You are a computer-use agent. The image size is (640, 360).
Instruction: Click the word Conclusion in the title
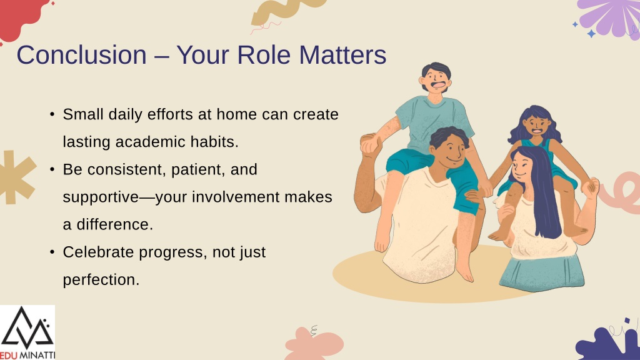[82, 55]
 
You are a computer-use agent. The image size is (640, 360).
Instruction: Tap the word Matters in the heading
[342, 55]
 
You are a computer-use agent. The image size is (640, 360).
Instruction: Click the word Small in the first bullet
[83, 114]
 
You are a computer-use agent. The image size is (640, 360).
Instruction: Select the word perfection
[101, 280]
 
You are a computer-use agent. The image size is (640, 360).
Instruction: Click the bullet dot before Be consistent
[52, 169]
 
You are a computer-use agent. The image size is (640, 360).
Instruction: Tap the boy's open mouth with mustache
[438, 86]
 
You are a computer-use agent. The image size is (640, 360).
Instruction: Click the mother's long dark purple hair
[539, 191]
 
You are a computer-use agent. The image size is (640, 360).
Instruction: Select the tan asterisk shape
[16, 177]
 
